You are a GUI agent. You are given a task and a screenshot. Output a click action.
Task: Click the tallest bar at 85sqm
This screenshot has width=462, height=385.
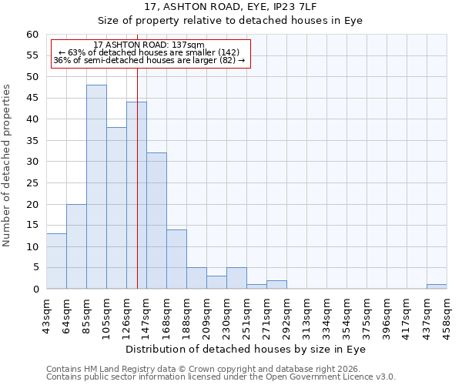[96, 187]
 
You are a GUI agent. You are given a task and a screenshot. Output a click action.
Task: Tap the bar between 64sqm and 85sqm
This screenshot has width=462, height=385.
[76, 246]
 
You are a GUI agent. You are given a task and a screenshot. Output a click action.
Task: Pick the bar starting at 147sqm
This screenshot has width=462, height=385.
[156, 221]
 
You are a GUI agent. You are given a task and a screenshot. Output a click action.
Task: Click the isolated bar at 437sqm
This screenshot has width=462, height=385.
[437, 286]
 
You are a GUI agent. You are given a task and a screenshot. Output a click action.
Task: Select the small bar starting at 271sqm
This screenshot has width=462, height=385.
[276, 285]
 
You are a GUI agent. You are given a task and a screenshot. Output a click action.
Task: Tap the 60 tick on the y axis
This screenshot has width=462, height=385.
[32, 35]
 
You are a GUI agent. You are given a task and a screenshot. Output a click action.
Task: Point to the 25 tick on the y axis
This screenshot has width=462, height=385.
[32, 183]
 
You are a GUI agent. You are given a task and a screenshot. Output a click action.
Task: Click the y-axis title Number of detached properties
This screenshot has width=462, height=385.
[8, 166]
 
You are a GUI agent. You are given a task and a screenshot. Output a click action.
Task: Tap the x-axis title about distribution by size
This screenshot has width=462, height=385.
[245, 349]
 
